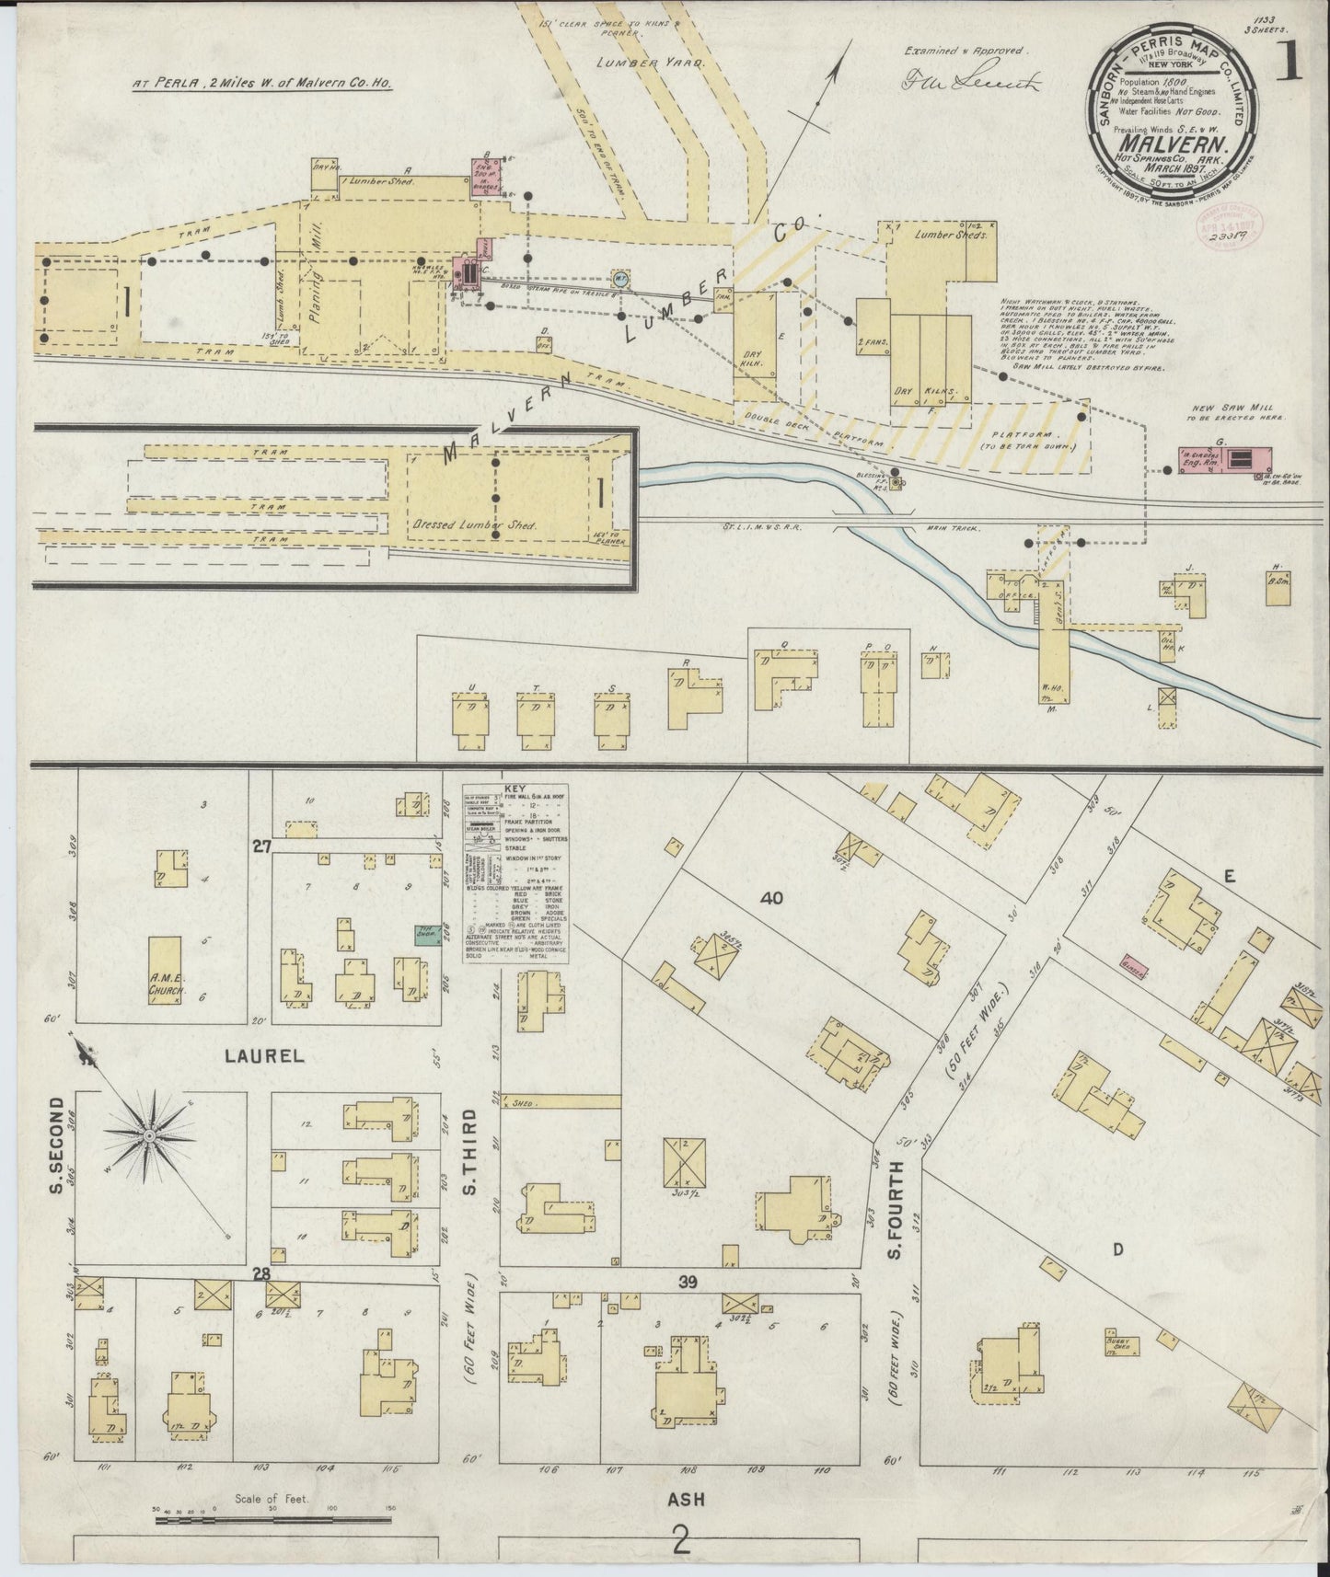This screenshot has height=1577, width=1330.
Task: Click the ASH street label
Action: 686,1499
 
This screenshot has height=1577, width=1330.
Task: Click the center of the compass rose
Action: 147,1138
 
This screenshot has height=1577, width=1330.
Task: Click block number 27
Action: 262,847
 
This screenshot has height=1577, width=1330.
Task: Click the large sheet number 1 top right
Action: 1292,66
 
